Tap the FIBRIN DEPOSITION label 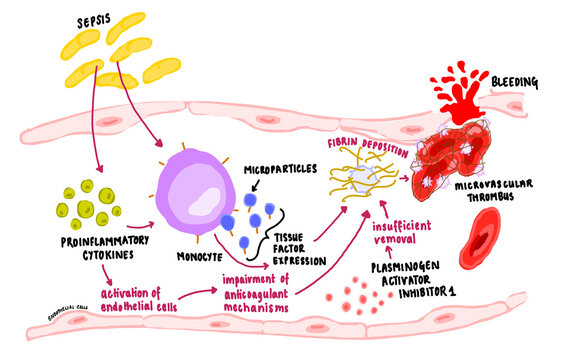(x=357, y=145)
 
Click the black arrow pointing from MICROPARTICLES (x=261, y=176)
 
